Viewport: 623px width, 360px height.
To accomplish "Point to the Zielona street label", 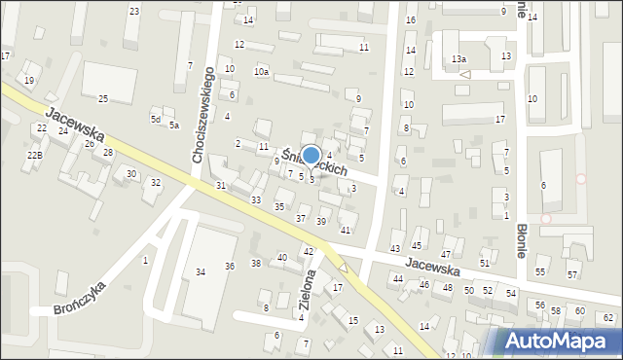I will (x=309, y=287).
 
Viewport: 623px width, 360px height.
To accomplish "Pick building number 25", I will (x=103, y=99).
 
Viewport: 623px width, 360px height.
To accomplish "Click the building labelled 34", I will (x=201, y=271).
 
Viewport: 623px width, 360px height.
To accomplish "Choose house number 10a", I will (x=261, y=72).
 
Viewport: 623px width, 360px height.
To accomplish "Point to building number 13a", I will (x=458, y=59).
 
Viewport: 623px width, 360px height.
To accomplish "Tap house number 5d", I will (x=155, y=119).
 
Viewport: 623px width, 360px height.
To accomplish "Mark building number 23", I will (x=134, y=12).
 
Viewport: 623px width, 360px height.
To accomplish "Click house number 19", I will (x=29, y=80).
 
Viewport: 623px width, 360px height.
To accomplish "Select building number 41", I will (x=346, y=230).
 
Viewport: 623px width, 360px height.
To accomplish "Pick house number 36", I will (x=230, y=266).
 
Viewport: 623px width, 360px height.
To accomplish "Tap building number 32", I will (x=155, y=183).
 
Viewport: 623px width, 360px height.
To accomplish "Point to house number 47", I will (x=447, y=253).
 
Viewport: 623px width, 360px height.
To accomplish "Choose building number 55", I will (x=540, y=271).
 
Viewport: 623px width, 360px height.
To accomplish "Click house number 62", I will (x=608, y=318).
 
